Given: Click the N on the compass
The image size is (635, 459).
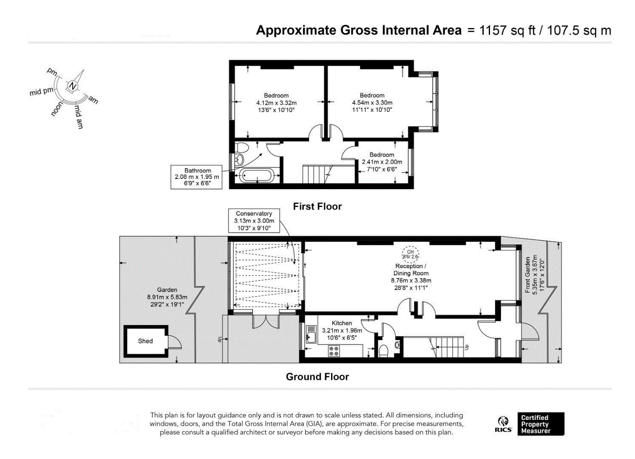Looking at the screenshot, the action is coord(73,86).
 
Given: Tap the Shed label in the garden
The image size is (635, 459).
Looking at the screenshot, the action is coord(145,341).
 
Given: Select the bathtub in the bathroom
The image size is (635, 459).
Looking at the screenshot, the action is coord(257,175).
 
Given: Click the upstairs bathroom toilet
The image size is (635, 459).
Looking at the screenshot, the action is coord(242,147).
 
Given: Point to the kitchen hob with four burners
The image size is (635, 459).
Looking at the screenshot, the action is coord(334,351).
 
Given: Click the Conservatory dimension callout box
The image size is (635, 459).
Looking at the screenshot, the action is coord(254,221).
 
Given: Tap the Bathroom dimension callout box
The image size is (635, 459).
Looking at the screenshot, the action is coord(196,177).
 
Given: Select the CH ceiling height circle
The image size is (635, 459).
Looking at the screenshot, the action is coord(410,254).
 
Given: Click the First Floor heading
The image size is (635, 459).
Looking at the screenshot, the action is coord(317,207).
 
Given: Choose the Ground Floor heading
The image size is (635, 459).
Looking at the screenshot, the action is coord(317,377).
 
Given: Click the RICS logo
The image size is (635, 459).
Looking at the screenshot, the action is coord(503,424).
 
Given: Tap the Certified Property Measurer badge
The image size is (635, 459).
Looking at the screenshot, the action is coord(541,424).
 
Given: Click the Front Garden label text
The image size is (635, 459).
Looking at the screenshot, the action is coord(527,275).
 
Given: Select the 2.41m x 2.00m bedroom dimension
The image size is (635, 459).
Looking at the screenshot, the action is coord(382,162).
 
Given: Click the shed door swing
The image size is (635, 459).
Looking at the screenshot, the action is coord(175,342).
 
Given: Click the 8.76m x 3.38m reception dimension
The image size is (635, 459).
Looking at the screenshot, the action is coord(411,280).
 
